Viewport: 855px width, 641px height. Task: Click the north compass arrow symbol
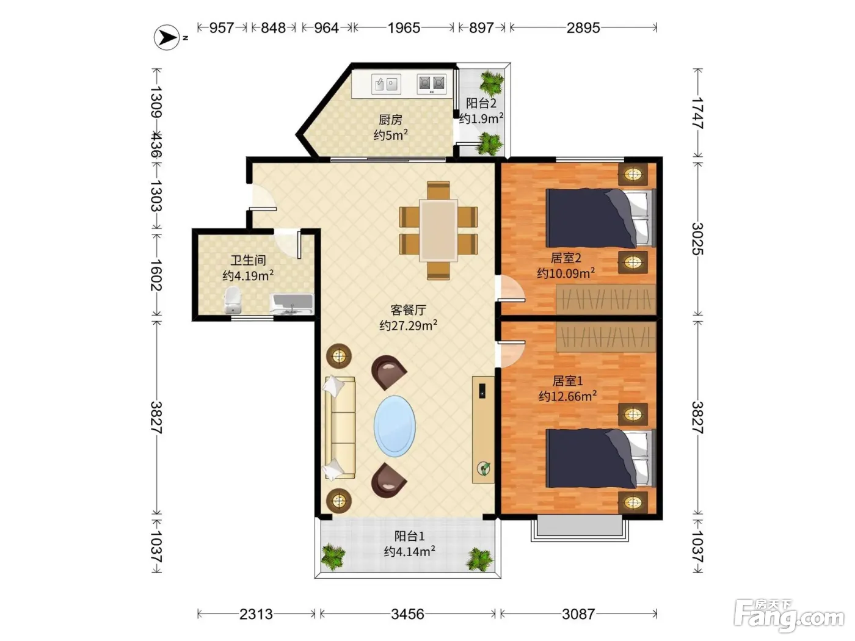pyautogui.click(x=167, y=38)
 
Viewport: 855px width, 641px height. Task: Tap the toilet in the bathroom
pyautogui.click(x=233, y=300)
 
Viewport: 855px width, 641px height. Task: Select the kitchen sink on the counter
pyautogui.click(x=386, y=84)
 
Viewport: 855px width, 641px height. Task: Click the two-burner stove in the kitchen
pyautogui.click(x=432, y=84)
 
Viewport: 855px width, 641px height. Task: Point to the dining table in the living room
pyautogui.click(x=438, y=230)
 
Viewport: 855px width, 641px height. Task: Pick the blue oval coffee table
pyautogui.click(x=395, y=426)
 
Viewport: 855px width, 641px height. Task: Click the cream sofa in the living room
pyautogui.click(x=340, y=427)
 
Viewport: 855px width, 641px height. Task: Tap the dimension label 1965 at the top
pyautogui.click(x=404, y=28)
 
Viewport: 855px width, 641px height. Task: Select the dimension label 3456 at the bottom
pyautogui.click(x=407, y=614)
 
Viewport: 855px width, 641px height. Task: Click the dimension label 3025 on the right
pyautogui.click(x=697, y=239)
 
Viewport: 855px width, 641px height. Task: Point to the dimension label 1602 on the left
pyautogui.click(x=156, y=275)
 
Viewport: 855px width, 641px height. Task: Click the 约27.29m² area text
pyautogui.click(x=408, y=325)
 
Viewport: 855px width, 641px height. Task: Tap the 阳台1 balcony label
pyautogui.click(x=409, y=536)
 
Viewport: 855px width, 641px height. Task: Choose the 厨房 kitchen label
pyautogui.click(x=390, y=120)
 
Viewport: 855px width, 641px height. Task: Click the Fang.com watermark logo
pyautogui.click(x=789, y=615)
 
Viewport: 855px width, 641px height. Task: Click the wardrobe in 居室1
pyautogui.click(x=606, y=337)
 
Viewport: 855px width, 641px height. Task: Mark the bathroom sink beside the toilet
pyautogui.click(x=292, y=304)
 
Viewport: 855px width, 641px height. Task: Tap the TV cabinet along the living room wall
pyautogui.click(x=483, y=430)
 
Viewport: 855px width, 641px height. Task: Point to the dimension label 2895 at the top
pyautogui.click(x=583, y=28)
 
